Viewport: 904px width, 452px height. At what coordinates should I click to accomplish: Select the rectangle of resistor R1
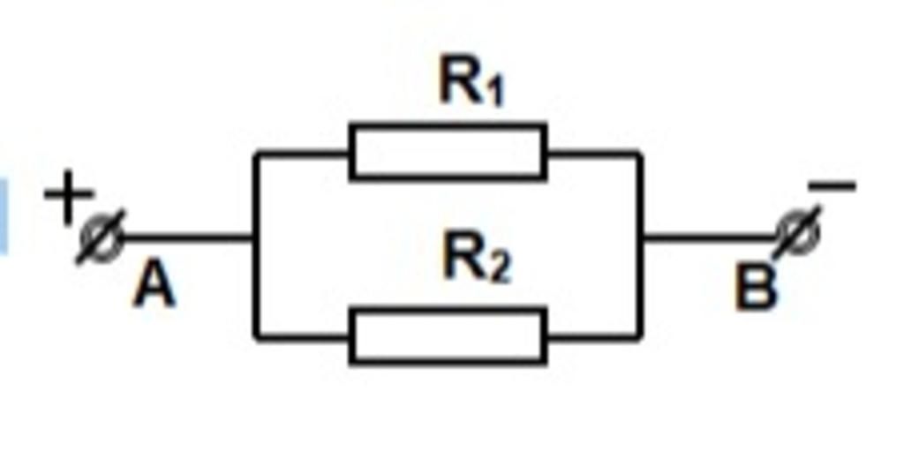[x=448, y=152]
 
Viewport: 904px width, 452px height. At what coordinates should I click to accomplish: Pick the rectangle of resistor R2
[x=448, y=336]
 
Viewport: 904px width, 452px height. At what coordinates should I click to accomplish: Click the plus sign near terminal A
[x=69, y=197]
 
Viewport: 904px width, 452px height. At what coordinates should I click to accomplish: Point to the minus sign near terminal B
[x=832, y=185]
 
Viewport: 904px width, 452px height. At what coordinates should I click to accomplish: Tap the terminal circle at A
[x=102, y=237]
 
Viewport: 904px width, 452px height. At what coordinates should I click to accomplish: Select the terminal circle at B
[x=798, y=234]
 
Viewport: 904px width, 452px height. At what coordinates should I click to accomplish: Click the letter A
[x=154, y=289]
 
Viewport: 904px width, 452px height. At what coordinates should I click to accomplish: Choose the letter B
[x=756, y=290]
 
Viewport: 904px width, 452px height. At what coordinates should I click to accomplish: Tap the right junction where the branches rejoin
[x=640, y=237]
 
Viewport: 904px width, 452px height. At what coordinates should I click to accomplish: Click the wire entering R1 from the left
[x=302, y=154]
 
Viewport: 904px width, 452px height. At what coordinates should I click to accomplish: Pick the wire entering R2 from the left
[x=302, y=337]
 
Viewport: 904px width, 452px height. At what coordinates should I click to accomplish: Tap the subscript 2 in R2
[x=500, y=270]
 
